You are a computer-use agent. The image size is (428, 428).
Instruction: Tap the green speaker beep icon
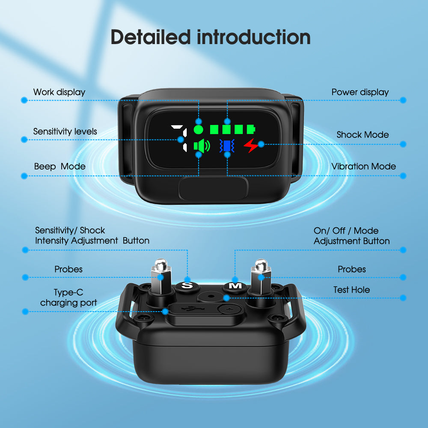pyautogui.click(x=202, y=146)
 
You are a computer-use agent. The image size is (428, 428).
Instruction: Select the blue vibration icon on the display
pyautogui.click(x=226, y=146)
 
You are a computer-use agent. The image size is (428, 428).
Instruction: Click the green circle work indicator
pyautogui.click(x=198, y=128)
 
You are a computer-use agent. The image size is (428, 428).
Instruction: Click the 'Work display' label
pyautogui.click(x=59, y=92)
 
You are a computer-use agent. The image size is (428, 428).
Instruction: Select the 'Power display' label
pyautogui.click(x=360, y=92)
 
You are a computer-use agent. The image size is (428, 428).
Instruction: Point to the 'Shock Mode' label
pyautogui.click(x=363, y=135)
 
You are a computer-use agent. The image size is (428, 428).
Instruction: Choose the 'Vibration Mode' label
pyautogui.click(x=363, y=166)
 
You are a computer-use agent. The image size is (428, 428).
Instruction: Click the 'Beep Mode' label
pyautogui.click(x=60, y=166)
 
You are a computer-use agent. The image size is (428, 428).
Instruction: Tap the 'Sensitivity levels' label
pyautogui.click(x=65, y=131)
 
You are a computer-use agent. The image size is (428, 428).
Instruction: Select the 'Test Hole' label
pyautogui.click(x=351, y=290)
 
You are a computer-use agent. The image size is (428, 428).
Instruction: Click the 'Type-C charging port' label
pyautogui.click(x=68, y=297)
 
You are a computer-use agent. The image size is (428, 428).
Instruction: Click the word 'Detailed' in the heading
pyautogui.click(x=150, y=37)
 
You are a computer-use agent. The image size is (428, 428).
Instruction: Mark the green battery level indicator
pyautogui.click(x=232, y=128)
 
